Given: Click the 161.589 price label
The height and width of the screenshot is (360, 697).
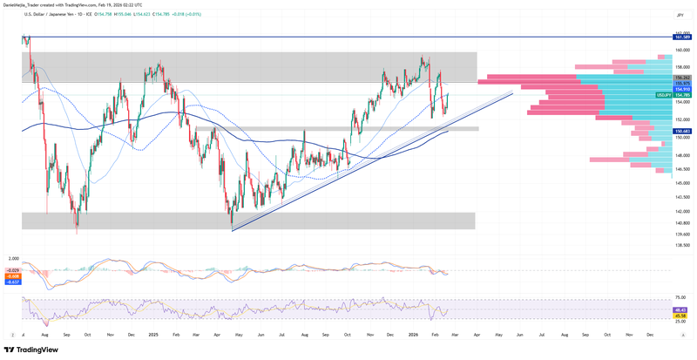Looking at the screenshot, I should pos(682,37).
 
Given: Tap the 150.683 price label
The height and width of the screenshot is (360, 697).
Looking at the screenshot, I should pos(682,131).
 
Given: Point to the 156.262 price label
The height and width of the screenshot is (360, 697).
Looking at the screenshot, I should pos(682,78).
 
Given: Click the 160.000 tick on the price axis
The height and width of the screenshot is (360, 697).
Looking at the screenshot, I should pos(681,50).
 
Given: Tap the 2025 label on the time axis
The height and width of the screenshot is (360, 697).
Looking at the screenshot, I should pos(152,334).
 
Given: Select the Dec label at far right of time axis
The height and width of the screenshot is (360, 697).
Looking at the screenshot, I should pos(649,334).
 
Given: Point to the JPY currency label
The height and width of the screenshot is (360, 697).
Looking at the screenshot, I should pos(679,15).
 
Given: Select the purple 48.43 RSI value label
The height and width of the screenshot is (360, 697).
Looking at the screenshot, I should pos(681,309).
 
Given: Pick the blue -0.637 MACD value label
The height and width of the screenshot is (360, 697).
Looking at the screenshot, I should pos(13,282).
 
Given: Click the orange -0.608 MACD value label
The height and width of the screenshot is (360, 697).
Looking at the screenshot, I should pos(13,276).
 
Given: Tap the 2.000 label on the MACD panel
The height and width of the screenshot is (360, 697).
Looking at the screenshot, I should pos(13,259).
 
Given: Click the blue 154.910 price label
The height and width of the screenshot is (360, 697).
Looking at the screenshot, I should pos(682,89).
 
